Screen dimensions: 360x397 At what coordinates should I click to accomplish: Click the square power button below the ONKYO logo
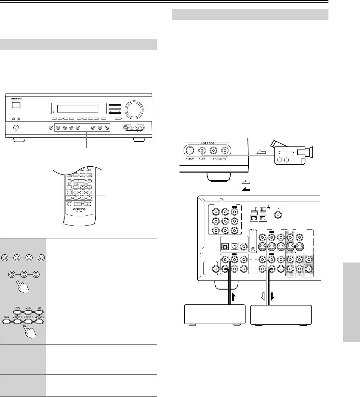16,105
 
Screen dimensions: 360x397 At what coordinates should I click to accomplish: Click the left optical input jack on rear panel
224,246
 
